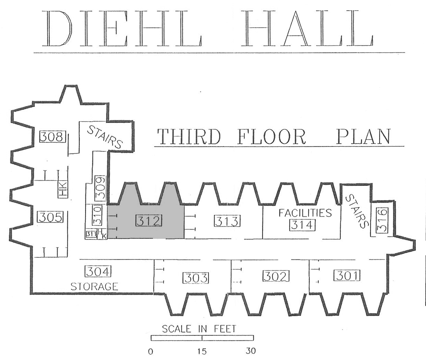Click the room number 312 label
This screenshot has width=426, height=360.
coord(149,220)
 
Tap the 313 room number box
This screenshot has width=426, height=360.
coord(227,221)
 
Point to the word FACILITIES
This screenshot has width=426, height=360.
coord(305,213)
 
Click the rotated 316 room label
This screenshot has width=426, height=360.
coord(382,220)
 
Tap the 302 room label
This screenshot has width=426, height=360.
coord(276,276)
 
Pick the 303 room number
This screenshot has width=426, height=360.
coord(196,278)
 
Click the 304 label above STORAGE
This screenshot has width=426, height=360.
coord(98,271)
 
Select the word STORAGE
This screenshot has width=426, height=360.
coord(94,286)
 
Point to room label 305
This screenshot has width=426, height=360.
coord(50,217)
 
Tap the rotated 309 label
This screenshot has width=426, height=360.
coord(100,188)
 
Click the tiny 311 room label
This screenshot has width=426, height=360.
coord(91,234)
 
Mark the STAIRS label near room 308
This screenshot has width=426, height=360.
coord(105,137)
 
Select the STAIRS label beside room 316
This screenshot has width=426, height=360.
coord(357,211)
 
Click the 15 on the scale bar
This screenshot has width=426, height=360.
coord(202,351)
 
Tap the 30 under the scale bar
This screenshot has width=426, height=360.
coord(251,351)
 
